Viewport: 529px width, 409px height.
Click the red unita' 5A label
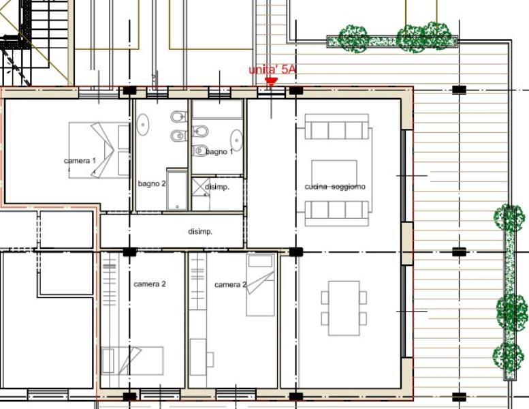[272, 70]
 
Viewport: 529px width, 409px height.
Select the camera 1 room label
[80, 161]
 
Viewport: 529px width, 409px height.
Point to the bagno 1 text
[219, 152]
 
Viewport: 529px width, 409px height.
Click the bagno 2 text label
[152, 184]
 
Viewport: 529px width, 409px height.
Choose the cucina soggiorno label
[335, 187]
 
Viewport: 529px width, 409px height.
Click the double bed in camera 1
[99, 150]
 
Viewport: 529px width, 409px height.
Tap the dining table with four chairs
[344, 308]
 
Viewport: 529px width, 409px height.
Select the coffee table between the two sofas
[334, 172]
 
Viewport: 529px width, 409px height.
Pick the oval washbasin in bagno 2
[143, 125]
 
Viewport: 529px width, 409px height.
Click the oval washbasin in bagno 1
[236, 140]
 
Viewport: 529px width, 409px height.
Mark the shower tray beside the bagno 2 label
[177, 190]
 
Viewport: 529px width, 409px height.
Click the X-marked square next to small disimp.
[201, 187]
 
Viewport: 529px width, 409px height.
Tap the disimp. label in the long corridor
[200, 232]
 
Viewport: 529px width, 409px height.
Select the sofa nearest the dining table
[337, 213]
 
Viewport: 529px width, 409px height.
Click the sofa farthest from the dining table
[337, 127]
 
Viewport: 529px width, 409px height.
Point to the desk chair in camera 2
[210, 359]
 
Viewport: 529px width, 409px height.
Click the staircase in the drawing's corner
[34, 42]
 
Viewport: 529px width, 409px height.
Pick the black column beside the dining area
[295, 252]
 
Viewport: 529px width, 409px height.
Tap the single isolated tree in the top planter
[353, 39]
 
